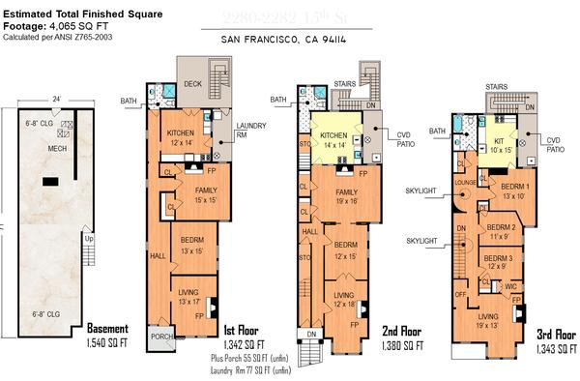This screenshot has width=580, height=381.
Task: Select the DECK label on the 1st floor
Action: [x=191, y=83]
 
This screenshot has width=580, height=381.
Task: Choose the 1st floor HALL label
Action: [x=158, y=256]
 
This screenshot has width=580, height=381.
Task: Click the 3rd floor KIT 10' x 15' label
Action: [x=502, y=146]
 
